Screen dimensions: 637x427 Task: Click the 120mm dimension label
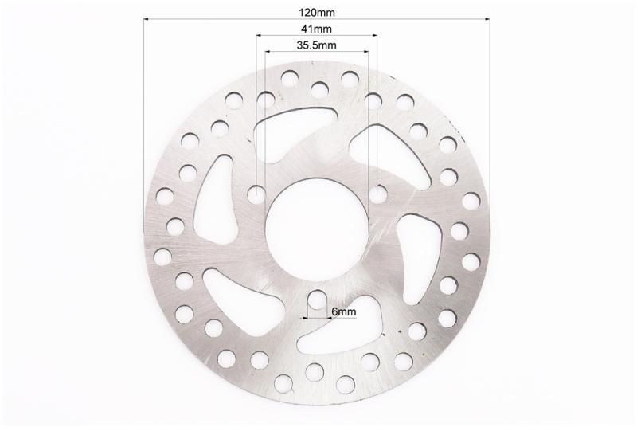click(x=317, y=13)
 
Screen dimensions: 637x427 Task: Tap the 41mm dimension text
click(x=316, y=29)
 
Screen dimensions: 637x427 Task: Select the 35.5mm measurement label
click(x=316, y=45)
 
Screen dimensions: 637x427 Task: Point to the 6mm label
click(x=344, y=312)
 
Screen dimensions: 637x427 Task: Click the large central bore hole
click(x=317, y=229)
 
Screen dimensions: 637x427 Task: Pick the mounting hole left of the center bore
click(x=256, y=194)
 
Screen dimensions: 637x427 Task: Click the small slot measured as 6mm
click(x=317, y=304)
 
